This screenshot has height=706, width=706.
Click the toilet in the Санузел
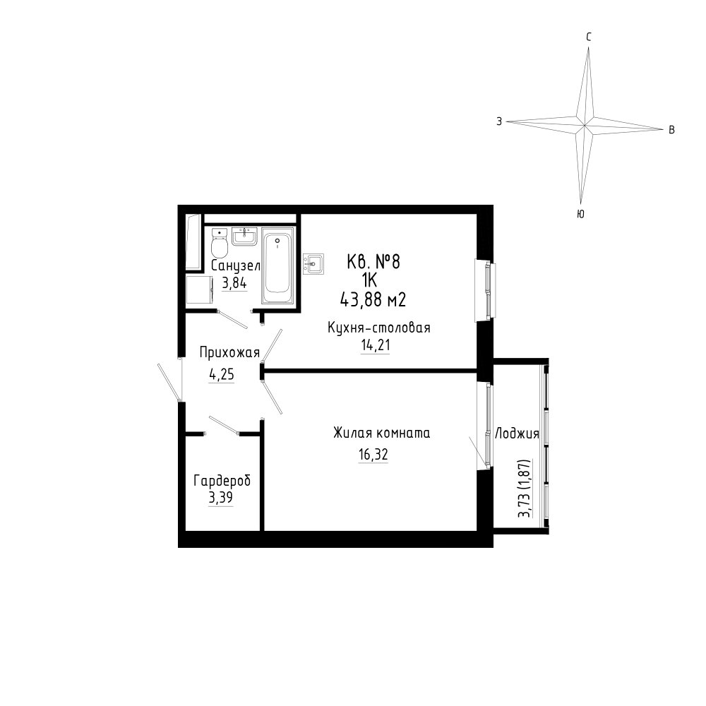(220, 244)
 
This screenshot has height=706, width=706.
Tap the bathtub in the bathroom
(277, 265)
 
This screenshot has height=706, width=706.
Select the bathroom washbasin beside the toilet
(244, 237)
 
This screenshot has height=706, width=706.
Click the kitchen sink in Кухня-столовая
(313, 263)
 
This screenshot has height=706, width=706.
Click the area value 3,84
(234, 284)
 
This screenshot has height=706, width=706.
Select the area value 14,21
(375, 346)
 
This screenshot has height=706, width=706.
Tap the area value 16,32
(373, 455)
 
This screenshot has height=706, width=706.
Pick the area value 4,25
(222, 375)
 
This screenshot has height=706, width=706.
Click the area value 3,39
(220, 498)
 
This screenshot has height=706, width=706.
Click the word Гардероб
(222, 481)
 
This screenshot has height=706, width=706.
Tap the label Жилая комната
(381, 433)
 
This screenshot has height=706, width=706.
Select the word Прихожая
(229, 352)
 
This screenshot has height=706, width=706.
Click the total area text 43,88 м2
(373, 300)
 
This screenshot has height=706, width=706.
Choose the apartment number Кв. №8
(373, 262)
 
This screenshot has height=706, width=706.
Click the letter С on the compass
(589, 37)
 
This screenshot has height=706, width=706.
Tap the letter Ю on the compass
(580, 215)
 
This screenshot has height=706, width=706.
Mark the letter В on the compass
(671, 130)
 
